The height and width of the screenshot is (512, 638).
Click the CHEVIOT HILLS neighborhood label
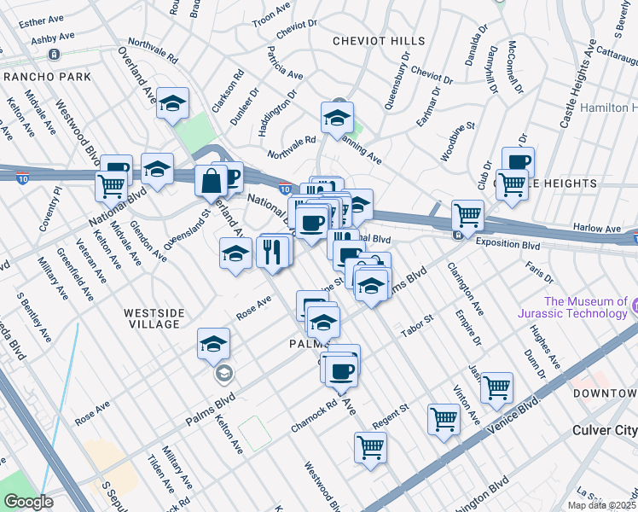(x=372, y=41)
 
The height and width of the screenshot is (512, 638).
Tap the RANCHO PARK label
(x=35, y=77)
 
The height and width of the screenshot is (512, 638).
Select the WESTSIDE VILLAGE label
(x=152, y=318)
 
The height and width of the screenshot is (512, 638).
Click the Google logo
(x=27, y=502)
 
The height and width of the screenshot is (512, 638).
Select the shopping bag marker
(x=211, y=180)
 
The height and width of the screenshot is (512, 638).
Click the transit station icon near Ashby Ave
(x=53, y=55)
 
